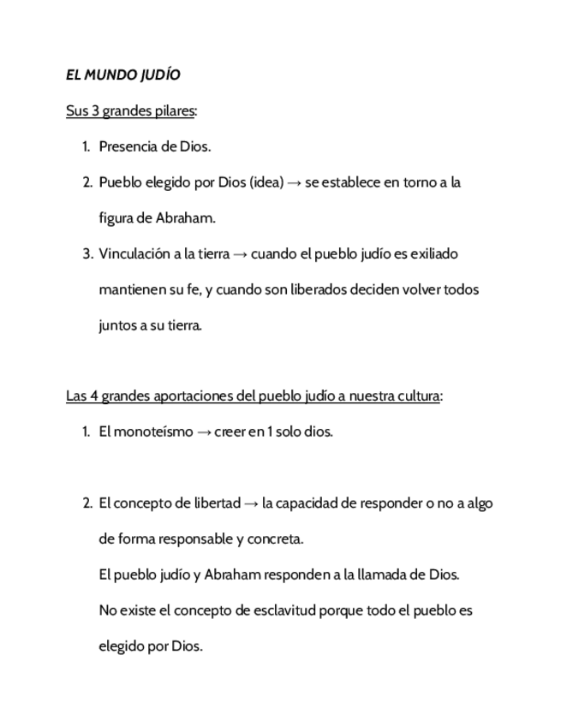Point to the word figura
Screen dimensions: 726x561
pos(116,218)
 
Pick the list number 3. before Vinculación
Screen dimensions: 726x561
pos(87,254)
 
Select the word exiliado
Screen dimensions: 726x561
pos(435,254)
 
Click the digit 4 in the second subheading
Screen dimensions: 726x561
pos(93,396)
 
